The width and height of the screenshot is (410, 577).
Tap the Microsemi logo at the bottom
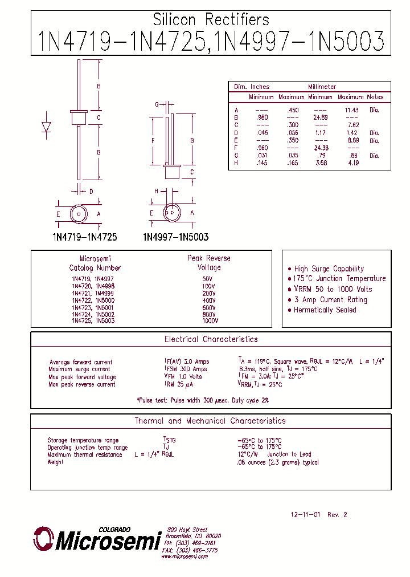click(x=97, y=539)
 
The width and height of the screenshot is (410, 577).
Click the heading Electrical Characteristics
click(x=211, y=339)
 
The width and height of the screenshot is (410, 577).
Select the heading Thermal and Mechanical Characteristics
click(x=210, y=421)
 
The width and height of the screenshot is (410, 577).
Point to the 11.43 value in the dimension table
click(x=351, y=109)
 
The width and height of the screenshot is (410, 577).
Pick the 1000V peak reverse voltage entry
click(x=210, y=321)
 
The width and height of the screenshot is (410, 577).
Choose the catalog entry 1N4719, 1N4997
click(x=93, y=278)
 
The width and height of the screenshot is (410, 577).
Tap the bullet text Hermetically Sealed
click(x=325, y=310)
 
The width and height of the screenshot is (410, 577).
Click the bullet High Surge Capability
click(x=329, y=269)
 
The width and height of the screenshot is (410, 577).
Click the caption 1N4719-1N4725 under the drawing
click(x=84, y=237)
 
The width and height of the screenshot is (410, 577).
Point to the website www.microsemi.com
click(x=184, y=556)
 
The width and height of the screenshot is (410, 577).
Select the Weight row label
click(x=56, y=462)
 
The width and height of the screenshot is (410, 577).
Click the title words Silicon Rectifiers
click(x=211, y=20)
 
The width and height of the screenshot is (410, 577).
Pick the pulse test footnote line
click(x=203, y=400)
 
